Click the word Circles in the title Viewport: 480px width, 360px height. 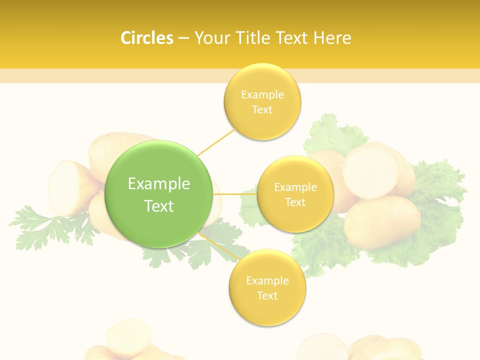pos(146,38)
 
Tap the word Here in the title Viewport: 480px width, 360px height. pos(332,38)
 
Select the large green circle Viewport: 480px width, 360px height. pos(158,194)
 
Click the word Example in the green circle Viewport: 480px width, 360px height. pos(159,184)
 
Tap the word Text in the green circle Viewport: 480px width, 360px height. pos(159,206)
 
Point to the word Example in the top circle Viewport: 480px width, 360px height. pos(262,95)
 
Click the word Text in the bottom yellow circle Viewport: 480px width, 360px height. pos(267,295)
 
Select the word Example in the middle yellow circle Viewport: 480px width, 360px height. pos(295,187)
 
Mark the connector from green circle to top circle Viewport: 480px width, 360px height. pos(216,142)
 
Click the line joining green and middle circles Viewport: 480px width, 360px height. pos(235,194)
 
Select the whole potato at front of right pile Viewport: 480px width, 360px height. pos(382,222)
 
